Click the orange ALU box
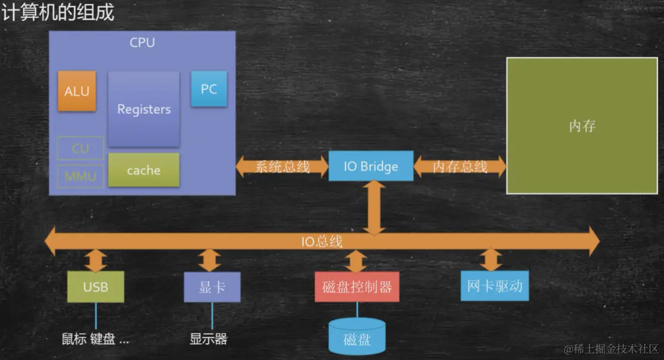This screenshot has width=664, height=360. click(x=77, y=91)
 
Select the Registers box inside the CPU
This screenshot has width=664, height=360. click(x=144, y=109)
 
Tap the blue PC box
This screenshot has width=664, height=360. click(x=209, y=89)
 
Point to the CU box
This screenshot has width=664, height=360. click(x=80, y=148)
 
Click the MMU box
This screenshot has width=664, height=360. click(x=80, y=176)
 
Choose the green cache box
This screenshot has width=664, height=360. click(x=144, y=170)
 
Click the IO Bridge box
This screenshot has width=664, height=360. click(x=371, y=166)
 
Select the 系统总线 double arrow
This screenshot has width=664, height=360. click(x=283, y=167)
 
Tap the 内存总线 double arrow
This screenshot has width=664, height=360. click(x=460, y=167)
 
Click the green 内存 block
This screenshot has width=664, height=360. click(x=582, y=126)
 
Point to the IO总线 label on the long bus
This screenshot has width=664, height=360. click(x=321, y=241)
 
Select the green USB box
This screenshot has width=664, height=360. click(x=95, y=287)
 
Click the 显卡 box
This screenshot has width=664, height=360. click(x=212, y=287)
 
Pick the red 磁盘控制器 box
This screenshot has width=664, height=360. click(x=357, y=287)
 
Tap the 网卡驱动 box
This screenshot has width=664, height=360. click(x=495, y=286)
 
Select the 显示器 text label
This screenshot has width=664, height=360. click(x=209, y=339)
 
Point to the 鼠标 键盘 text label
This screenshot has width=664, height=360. click(x=95, y=339)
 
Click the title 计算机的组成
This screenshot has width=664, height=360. click(x=58, y=13)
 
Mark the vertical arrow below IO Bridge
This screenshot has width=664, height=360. click(x=374, y=206)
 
